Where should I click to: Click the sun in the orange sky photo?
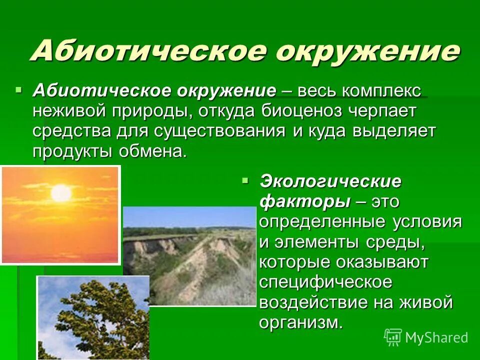pyautogui.click(x=61, y=192)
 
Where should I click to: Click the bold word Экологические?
pyautogui.click(x=330, y=181)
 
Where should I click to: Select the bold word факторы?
pyautogui.click(x=304, y=201)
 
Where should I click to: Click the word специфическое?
pyautogui.click(x=325, y=282)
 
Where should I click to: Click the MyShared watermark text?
pyautogui.click(x=436, y=337)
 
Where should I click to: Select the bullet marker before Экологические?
pyautogui.click(x=245, y=178)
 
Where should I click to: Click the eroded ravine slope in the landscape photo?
pyautogui.click(x=200, y=265)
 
